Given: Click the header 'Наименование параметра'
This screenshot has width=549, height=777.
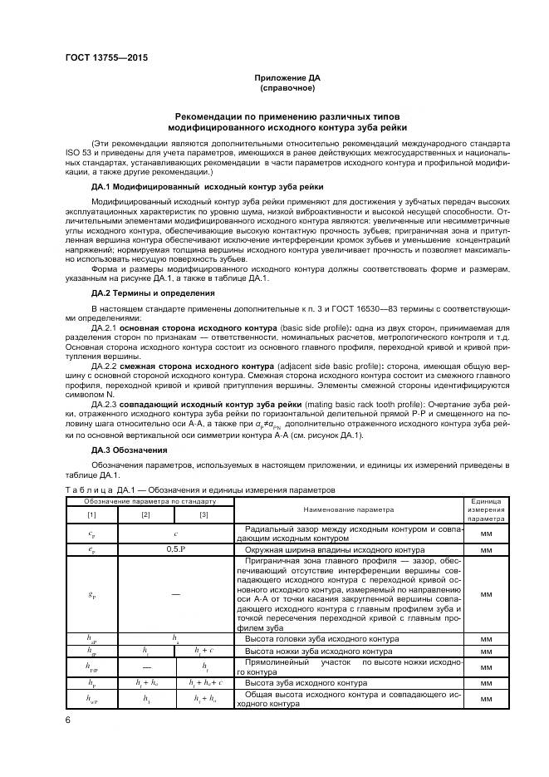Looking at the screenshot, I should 349,509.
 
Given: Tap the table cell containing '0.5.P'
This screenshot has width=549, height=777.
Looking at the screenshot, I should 175,549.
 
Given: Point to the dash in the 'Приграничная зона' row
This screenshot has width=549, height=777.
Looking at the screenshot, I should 175,594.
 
